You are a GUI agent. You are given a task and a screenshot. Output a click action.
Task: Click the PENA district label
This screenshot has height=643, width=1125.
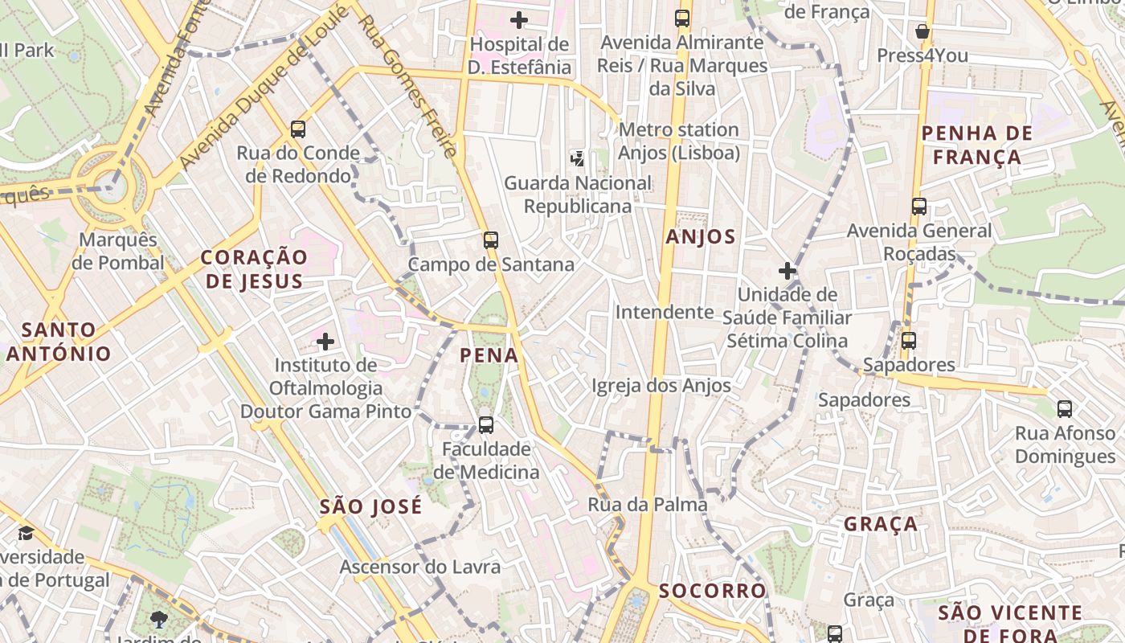click(489, 355)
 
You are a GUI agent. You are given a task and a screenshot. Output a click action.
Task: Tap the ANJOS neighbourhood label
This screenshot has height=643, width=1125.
click(701, 236)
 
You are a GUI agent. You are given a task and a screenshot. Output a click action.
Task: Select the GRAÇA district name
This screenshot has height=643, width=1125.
click(881, 524)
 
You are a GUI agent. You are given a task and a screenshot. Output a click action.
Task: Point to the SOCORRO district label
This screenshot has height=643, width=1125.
click(713, 591)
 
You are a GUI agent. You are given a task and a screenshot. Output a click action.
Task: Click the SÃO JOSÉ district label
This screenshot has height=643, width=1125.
click(370, 506)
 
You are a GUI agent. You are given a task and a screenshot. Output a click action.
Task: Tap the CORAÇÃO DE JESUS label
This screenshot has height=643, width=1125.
click(254, 268)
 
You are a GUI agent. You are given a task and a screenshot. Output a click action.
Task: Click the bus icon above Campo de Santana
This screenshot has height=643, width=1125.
click(490, 240)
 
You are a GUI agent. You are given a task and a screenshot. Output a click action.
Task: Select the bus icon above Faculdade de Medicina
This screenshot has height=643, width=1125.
click(486, 425)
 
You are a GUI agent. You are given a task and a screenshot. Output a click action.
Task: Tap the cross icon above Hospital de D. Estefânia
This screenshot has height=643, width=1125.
click(519, 19)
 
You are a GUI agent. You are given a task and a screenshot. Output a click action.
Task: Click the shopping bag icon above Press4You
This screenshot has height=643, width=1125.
click(922, 31)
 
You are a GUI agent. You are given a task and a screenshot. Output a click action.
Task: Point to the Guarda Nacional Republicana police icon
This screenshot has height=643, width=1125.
click(577, 158)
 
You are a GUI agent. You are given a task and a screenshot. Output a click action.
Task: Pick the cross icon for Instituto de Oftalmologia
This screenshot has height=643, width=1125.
click(325, 342)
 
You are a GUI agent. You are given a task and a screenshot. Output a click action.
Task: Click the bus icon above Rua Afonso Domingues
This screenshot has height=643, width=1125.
click(1065, 409)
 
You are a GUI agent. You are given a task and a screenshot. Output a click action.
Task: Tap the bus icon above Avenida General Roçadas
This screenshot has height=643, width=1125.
click(919, 207)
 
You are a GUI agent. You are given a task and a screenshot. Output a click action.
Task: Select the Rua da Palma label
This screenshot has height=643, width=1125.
click(648, 505)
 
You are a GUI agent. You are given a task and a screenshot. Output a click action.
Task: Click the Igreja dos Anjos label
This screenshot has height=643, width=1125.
click(661, 386)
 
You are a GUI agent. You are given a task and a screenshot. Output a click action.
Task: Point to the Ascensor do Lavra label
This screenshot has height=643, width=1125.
click(419, 567)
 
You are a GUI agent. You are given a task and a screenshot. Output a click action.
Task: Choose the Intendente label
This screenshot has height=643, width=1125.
click(665, 312)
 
